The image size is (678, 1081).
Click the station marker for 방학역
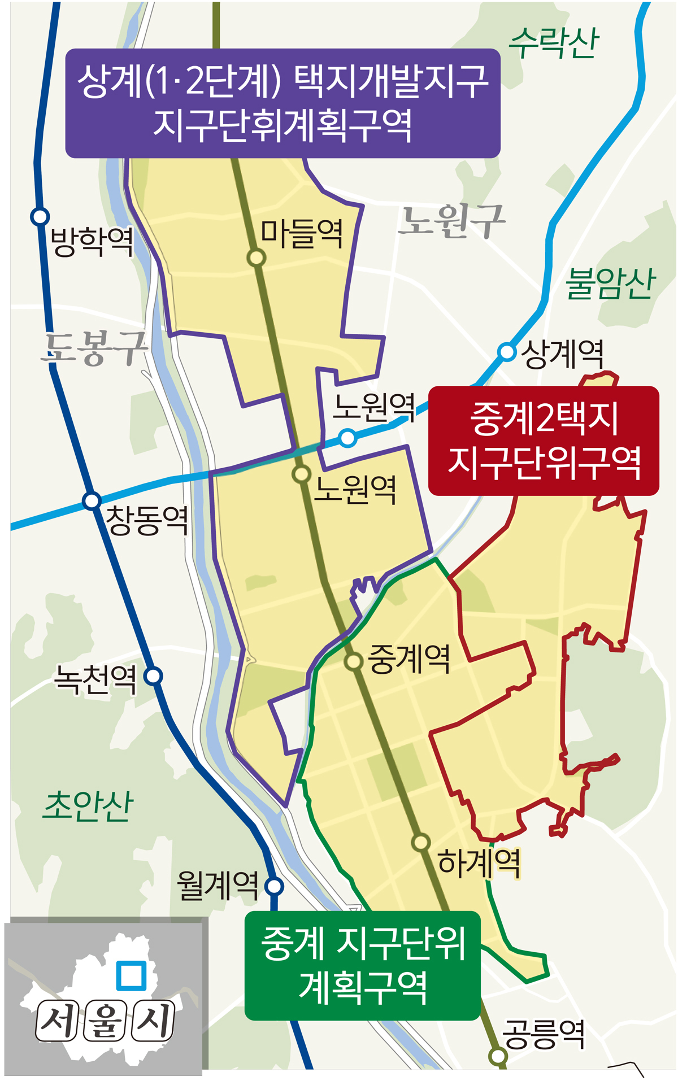(40, 216)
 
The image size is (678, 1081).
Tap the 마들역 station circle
(257, 258)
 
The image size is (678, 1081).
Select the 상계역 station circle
(507, 352)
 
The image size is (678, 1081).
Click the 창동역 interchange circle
(92, 501)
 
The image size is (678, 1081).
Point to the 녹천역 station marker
(154, 675)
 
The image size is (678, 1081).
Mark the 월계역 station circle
(275, 886)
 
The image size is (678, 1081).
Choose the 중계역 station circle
(354, 661)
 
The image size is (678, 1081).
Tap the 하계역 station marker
(420, 842)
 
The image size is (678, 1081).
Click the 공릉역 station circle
(498, 1056)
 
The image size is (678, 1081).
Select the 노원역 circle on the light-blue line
(348, 438)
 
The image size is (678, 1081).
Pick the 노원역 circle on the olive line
(302, 474)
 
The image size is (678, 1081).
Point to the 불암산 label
(610, 283)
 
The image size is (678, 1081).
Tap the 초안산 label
(88, 805)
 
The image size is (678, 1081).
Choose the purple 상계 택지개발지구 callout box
(282, 103)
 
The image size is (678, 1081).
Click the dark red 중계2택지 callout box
(544, 441)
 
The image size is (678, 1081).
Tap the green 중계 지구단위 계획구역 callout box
(363, 965)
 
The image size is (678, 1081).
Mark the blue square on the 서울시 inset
(131, 975)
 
